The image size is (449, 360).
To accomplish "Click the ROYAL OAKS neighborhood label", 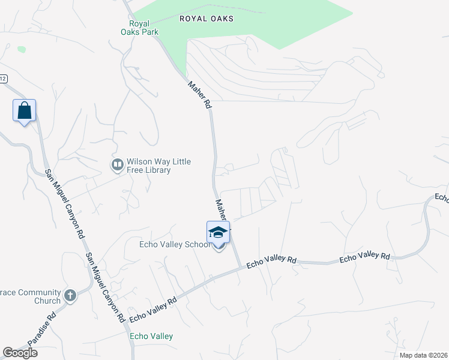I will coord(206,19).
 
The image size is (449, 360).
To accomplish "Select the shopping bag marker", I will coord(24,111).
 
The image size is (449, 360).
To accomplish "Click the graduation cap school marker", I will coord(218,233).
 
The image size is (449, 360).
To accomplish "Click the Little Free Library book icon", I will coord(117,164).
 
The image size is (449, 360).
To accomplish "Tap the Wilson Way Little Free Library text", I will coord(149,166).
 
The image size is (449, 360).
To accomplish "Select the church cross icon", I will coord(70,295).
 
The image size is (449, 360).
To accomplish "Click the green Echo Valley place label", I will coord(151,337).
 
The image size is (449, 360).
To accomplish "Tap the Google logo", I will coord(20,353).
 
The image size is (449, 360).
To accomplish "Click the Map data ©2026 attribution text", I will coord(423,355).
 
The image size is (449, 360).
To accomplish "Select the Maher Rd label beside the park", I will coord(200,94).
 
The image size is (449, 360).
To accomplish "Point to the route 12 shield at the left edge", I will coord(3,79).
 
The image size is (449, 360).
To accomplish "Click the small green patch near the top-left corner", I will coord(22,49).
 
